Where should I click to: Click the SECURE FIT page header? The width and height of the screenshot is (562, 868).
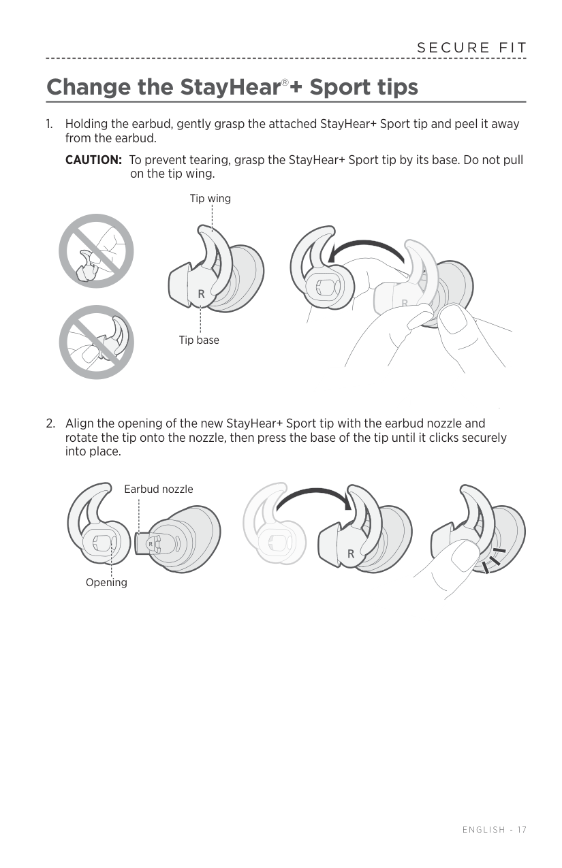click(472, 48)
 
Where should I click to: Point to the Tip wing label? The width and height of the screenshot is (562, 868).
click(210, 199)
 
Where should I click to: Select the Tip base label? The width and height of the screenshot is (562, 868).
click(199, 340)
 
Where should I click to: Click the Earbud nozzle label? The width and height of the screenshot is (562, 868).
click(158, 489)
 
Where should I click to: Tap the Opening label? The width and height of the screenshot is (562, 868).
click(106, 583)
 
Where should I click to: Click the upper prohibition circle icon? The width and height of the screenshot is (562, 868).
click(96, 251)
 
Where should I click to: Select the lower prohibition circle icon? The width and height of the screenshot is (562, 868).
click(96, 342)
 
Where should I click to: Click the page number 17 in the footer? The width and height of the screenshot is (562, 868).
click(522, 830)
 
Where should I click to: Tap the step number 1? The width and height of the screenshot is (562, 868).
click(49, 125)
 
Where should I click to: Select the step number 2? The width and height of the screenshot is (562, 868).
click(50, 423)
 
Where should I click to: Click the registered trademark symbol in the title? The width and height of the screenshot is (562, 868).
click(285, 83)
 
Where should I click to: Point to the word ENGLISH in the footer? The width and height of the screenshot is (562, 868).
click(484, 830)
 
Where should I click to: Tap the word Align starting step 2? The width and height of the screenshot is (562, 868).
click(79, 423)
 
